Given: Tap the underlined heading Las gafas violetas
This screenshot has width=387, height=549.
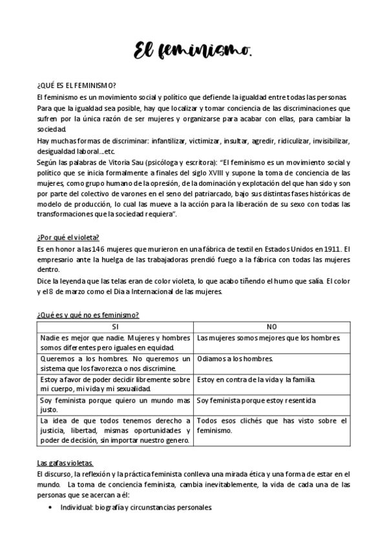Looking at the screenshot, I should click(x=65, y=464).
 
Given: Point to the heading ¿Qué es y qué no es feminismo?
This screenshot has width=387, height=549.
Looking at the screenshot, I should click(x=89, y=315).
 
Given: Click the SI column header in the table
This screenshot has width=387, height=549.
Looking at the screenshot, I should click(x=115, y=327).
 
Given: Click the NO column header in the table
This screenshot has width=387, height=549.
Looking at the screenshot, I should click(x=271, y=327).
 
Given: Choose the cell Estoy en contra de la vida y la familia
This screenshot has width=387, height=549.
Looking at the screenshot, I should click(x=256, y=379).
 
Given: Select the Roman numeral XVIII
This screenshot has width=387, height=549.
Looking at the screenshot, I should click(x=230, y=173).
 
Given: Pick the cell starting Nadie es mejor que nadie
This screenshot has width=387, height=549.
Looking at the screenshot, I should click(x=115, y=343).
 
